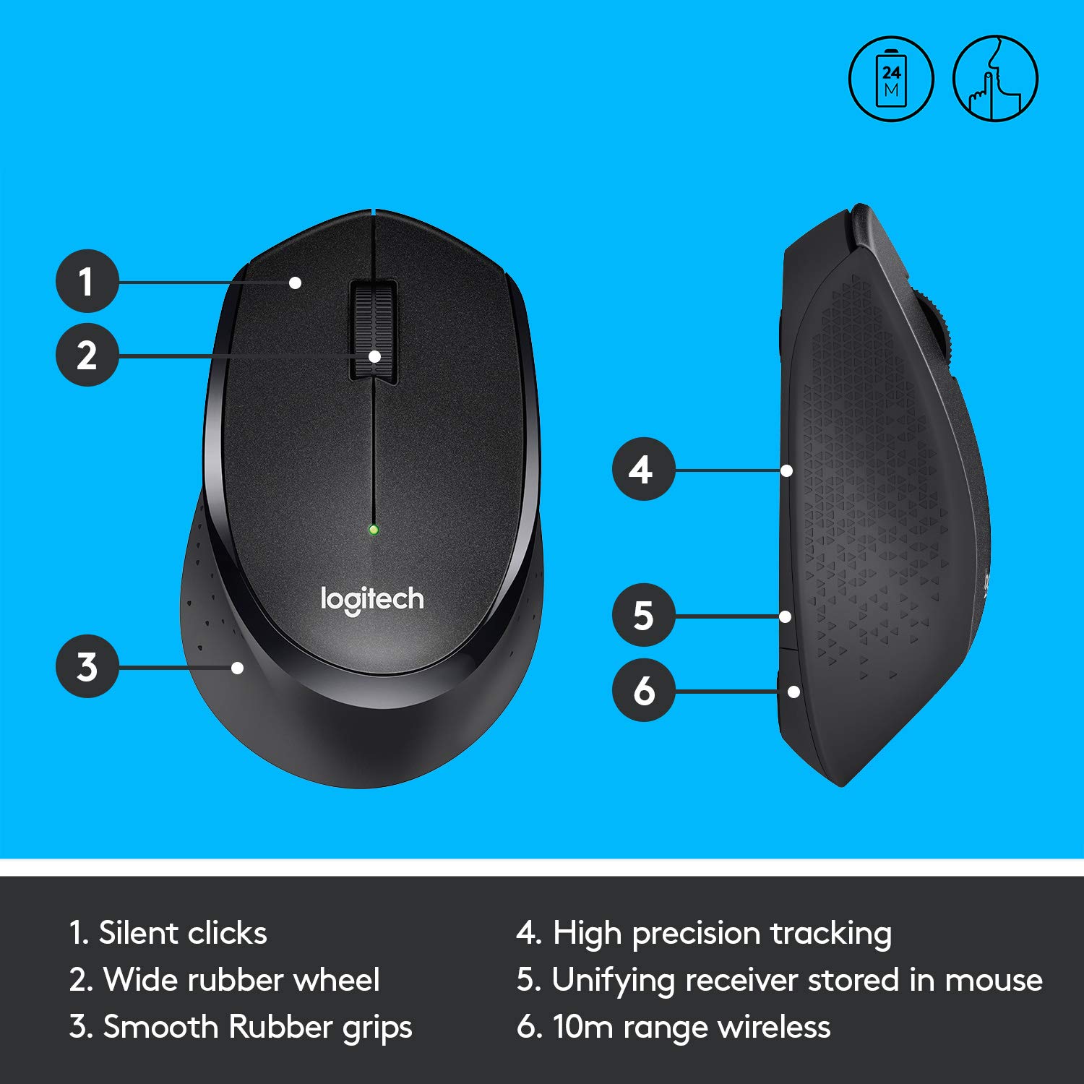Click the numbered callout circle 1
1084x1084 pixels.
[87, 281]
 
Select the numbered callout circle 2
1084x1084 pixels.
[87, 355]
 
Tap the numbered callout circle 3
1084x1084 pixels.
[87, 666]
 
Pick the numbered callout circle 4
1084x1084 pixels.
[642, 470]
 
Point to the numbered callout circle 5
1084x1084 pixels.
[642, 616]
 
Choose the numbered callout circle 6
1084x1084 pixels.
[642, 691]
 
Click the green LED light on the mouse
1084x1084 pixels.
[374, 530]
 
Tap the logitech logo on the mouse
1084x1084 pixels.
[372, 600]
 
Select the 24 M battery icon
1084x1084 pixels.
[891, 79]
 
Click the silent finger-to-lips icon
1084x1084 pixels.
[995, 79]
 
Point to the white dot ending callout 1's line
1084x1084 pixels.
[295, 283]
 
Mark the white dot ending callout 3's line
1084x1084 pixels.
[238, 668]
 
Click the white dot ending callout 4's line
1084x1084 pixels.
[787, 470]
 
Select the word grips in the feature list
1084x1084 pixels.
[377, 1028]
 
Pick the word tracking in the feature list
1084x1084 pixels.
[830, 934]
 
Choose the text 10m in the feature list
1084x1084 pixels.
[582, 1027]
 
